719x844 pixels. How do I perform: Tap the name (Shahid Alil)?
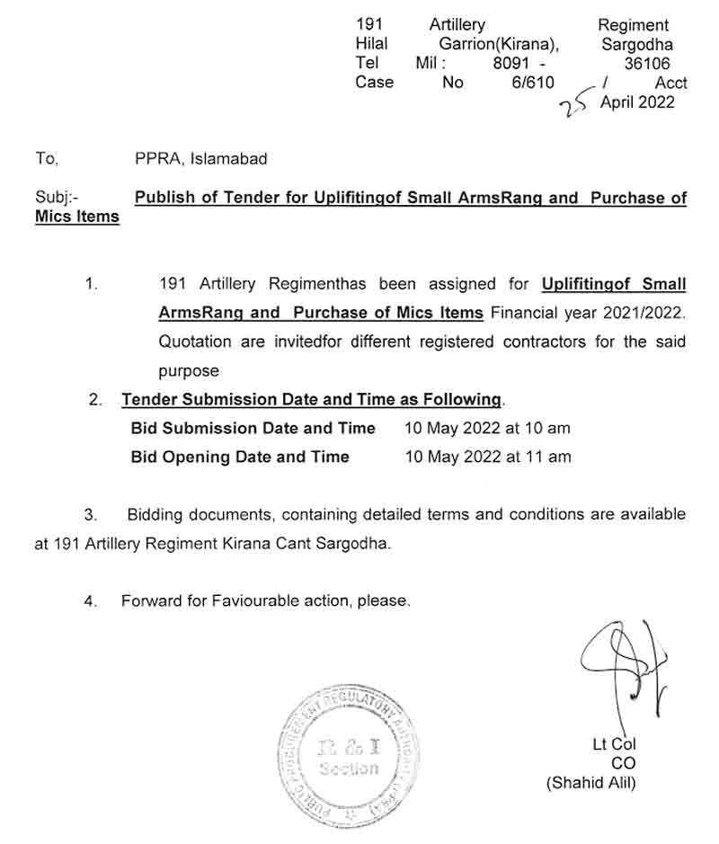[590, 783]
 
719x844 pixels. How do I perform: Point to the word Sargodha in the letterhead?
[637, 44]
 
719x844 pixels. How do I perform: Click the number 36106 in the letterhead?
[647, 63]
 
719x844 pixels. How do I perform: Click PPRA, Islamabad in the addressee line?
[200, 159]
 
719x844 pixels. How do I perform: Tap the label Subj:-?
[57, 198]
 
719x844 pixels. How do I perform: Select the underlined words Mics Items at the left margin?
[77, 217]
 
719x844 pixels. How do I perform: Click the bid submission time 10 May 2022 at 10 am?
[488, 429]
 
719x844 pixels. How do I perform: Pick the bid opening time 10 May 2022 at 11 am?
[488, 457]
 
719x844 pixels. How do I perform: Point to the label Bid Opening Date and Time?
[240, 457]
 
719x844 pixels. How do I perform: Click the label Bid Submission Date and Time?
[253, 429]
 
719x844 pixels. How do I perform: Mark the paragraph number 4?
[90, 601]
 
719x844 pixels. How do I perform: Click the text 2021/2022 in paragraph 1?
[641, 313]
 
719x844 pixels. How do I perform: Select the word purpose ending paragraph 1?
[189, 370]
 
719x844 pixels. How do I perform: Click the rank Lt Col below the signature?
[614, 744]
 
